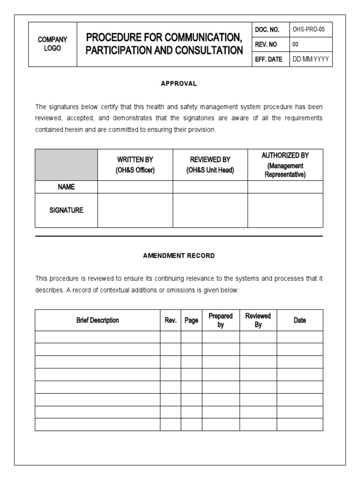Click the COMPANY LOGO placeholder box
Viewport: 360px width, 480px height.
coord(52,44)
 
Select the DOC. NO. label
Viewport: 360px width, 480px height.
coord(267,30)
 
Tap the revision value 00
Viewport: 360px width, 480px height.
coord(295,45)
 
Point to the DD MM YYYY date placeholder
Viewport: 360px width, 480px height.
coord(310,60)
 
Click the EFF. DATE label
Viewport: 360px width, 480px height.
coord(269,60)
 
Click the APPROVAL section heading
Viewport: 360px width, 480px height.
coord(179,83)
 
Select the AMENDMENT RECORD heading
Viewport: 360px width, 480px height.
coord(179,255)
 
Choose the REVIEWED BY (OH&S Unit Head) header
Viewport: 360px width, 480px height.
coord(210,165)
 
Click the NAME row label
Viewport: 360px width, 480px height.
coord(66,187)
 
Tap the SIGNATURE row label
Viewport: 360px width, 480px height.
coord(66,210)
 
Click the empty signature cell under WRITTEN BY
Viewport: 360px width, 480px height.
coord(135,210)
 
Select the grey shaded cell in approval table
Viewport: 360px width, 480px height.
coord(66,165)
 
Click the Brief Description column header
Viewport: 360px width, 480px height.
coord(97,320)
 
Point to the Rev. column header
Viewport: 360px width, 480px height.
coord(170,320)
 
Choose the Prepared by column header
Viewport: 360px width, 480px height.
coord(221,320)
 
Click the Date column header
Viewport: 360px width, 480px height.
coord(300,320)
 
